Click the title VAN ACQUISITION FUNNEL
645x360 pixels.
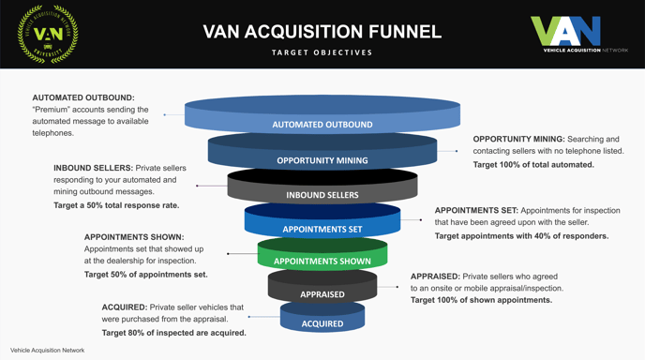click(x=322, y=31)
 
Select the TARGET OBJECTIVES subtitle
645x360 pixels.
click(x=322, y=52)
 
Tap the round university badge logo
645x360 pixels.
click(x=48, y=34)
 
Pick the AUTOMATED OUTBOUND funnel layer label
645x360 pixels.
click(x=322, y=125)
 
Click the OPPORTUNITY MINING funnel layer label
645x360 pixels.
click(x=322, y=160)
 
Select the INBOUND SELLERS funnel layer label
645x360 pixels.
click(x=322, y=195)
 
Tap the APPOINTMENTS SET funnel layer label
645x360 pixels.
click(x=322, y=229)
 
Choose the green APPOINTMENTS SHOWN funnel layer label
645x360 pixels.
click(x=322, y=262)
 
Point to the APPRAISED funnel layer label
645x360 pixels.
click(x=322, y=294)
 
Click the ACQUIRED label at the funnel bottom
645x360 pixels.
click(x=322, y=323)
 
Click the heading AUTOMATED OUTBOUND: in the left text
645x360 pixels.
click(x=83, y=97)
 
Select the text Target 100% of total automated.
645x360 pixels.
click(x=532, y=165)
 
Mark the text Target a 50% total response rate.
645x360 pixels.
click(x=116, y=204)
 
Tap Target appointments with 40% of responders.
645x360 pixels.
click(x=521, y=236)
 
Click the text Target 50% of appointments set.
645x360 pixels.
click(x=145, y=275)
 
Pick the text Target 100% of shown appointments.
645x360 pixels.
click(x=481, y=300)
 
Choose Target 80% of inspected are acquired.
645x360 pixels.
click(x=173, y=333)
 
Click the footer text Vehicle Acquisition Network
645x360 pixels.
click(x=47, y=351)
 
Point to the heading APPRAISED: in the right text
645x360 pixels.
click(x=434, y=277)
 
